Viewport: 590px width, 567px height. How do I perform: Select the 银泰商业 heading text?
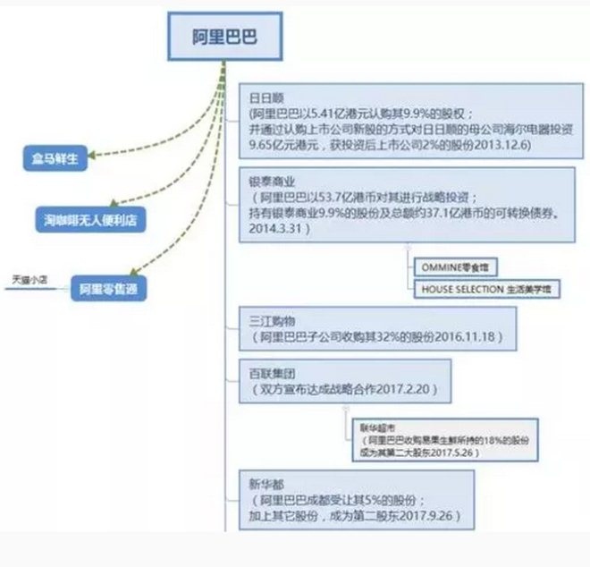(269, 179)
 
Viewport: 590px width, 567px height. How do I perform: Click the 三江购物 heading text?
(269, 318)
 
